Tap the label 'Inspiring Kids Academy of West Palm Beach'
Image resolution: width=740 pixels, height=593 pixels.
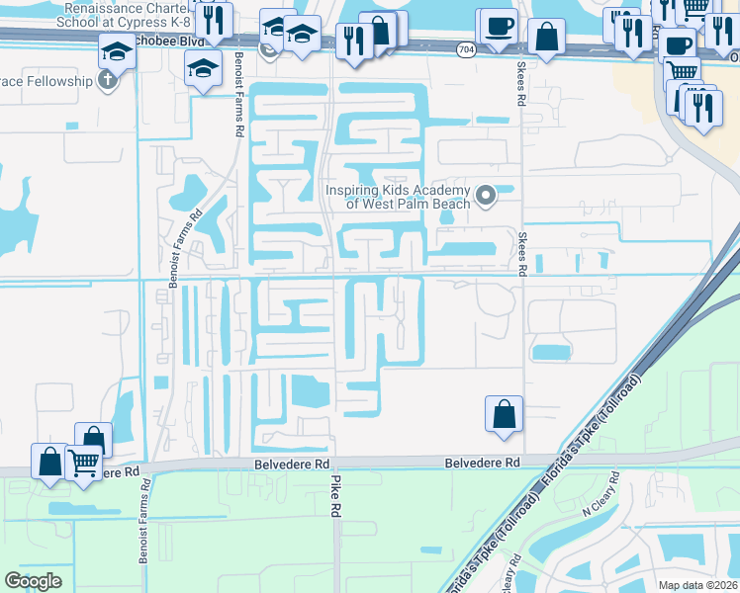pyautogui.click(x=400, y=197)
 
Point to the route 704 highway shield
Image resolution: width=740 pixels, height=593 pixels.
pyautogui.click(x=465, y=48)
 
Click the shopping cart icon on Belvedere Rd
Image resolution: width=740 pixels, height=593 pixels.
pyautogui.click(x=85, y=461)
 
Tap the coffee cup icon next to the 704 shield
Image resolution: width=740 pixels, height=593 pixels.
pyautogui.click(x=497, y=26)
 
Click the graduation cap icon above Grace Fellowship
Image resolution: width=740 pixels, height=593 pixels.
pyautogui.click(x=118, y=50)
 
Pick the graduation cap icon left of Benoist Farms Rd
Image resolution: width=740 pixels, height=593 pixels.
pyautogui.click(x=204, y=68)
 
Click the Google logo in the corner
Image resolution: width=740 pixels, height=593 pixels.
pyautogui.click(x=33, y=581)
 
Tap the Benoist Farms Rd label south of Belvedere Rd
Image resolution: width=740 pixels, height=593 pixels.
pyautogui.click(x=145, y=522)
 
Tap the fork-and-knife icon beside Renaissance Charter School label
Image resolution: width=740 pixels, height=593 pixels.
pyautogui.click(x=214, y=20)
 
